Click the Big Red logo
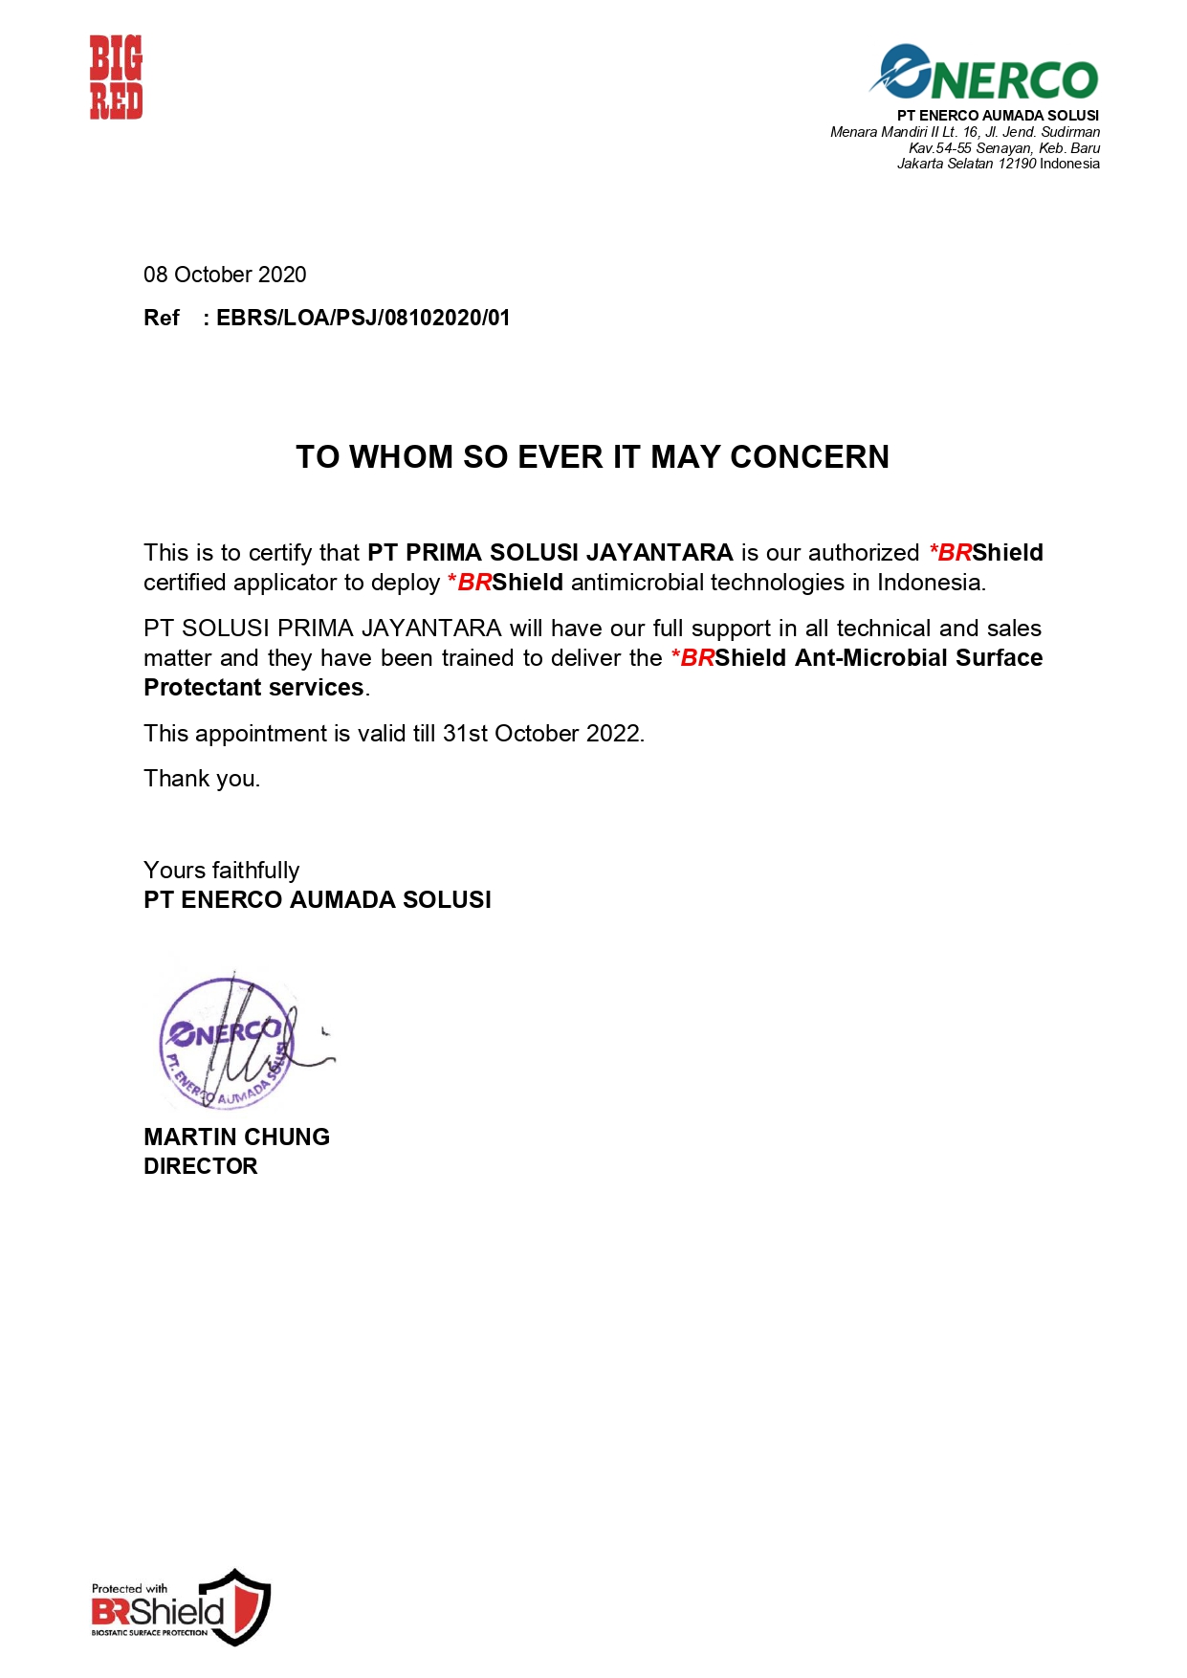point(116,77)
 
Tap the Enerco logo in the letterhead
point(985,74)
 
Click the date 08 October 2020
point(225,276)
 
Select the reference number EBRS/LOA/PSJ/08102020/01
point(363,319)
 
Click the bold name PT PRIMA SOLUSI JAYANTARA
point(550,553)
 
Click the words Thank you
point(202,779)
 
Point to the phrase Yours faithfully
point(221,871)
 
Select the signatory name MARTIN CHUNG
point(236,1137)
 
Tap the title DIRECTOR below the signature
point(201,1167)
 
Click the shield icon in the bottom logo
point(246,1606)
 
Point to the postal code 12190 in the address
point(1018,164)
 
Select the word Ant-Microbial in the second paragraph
point(870,658)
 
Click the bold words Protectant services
point(253,688)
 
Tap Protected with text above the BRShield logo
point(129,1589)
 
